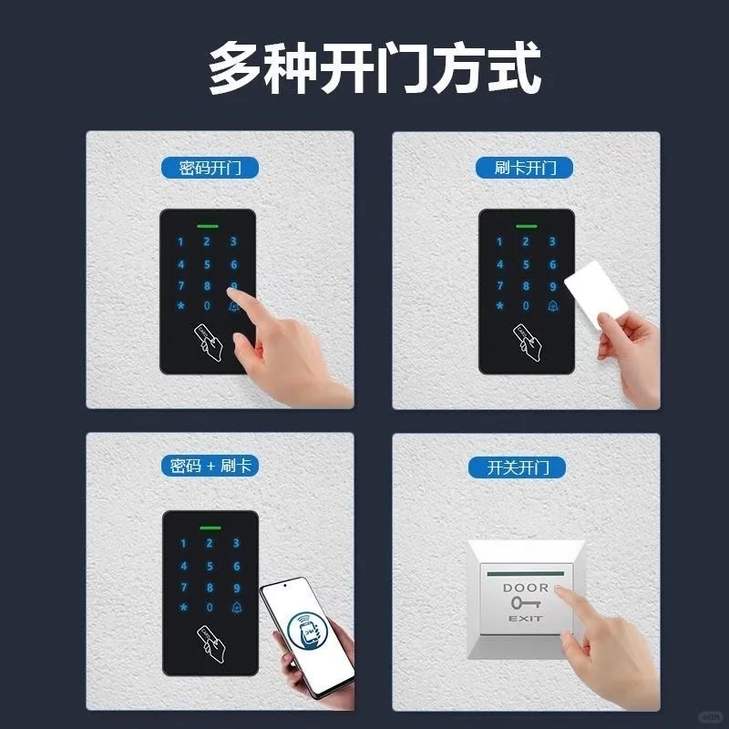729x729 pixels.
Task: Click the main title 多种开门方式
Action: pyautogui.click(x=375, y=67)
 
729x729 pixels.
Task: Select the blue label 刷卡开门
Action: pyautogui.click(x=525, y=168)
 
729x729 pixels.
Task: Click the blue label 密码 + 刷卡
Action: pyautogui.click(x=210, y=466)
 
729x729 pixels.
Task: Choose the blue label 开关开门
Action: pyautogui.click(x=525, y=467)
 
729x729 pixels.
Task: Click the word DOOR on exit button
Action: pyautogui.click(x=526, y=588)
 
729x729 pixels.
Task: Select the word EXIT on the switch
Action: pyautogui.click(x=525, y=619)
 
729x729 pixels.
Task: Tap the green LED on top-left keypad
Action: pyautogui.click(x=207, y=224)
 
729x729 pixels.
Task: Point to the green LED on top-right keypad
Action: pyautogui.click(x=525, y=224)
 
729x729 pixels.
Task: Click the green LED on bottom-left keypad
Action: pyautogui.click(x=210, y=527)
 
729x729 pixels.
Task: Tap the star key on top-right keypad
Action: pyautogui.click(x=499, y=306)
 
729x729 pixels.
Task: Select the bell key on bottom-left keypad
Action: pyautogui.click(x=237, y=607)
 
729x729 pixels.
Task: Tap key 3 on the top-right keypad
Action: pyautogui.click(x=551, y=241)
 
